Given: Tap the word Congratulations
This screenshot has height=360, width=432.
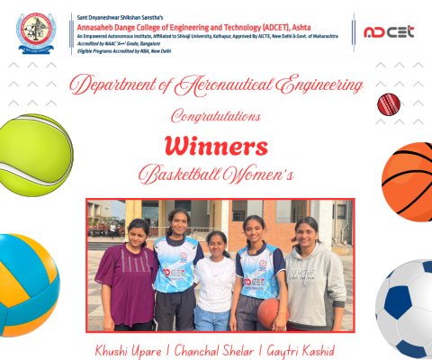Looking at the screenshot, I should coord(215,116).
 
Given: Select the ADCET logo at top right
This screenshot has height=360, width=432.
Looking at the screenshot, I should coord(388,31).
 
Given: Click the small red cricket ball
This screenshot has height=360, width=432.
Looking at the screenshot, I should coord(388,104).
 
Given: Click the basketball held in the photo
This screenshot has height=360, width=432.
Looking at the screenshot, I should coord(269,310).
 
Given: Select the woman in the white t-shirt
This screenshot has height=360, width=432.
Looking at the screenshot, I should coord(216,279).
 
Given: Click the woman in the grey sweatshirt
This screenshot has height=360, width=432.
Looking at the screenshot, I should coord(314,274).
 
